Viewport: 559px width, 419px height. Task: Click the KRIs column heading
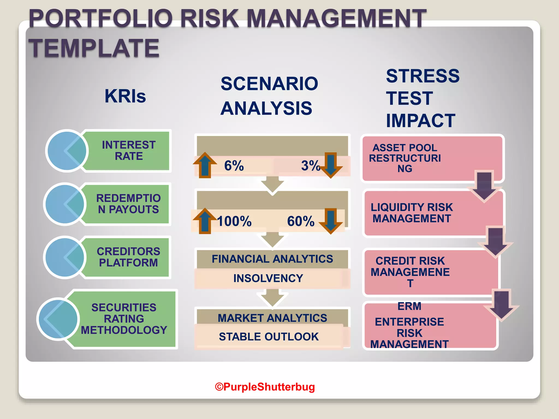(x=125, y=96)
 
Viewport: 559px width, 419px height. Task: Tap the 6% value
(x=234, y=166)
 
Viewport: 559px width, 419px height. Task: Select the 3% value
(x=310, y=166)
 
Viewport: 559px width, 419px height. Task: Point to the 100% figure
(x=234, y=221)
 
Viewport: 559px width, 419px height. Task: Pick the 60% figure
(x=301, y=221)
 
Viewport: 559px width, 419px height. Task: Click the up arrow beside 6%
(x=205, y=165)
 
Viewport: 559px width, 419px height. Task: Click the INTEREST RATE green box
(x=129, y=151)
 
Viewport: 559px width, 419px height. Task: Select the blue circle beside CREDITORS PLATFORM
(x=65, y=257)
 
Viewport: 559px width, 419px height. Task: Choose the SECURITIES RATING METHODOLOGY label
(x=124, y=319)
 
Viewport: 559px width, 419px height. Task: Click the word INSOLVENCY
(x=268, y=278)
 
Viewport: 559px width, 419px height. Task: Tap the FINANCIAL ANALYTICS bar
(x=272, y=259)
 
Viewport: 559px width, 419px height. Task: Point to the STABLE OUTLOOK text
(x=269, y=337)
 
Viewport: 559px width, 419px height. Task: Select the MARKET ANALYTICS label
(x=272, y=318)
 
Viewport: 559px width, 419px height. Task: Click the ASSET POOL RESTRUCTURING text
(x=405, y=158)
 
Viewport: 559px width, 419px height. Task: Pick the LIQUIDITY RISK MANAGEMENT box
(x=412, y=213)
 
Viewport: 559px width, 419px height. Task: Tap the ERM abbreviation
(x=409, y=306)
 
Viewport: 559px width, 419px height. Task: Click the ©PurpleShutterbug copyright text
(x=265, y=387)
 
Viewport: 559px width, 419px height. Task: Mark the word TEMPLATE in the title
(x=94, y=48)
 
